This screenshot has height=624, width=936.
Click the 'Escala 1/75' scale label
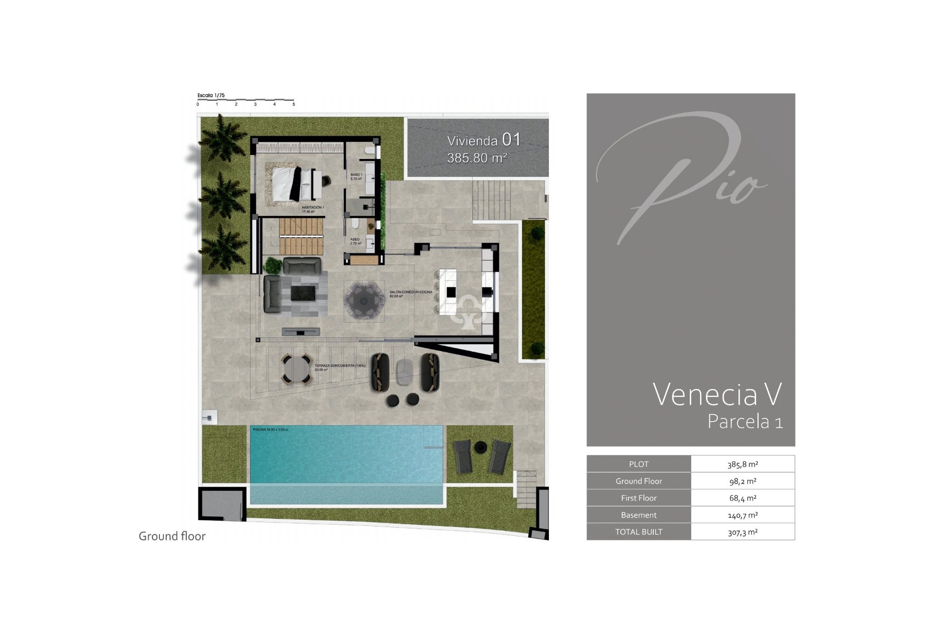point(211,96)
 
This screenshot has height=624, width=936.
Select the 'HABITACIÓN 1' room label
point(312,208)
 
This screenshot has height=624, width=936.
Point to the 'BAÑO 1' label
point(356,175)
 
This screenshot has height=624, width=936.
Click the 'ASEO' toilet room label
point(355,239)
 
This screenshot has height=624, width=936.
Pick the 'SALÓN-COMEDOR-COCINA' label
point(410,292)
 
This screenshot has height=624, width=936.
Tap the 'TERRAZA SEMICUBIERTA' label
point(339,366)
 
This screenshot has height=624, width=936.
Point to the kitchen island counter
point(448,292)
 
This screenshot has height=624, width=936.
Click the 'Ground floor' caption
point(172,536)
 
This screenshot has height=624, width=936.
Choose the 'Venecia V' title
point(717,394)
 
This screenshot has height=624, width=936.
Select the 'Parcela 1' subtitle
point(745,422)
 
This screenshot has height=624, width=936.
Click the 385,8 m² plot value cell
point(742,464)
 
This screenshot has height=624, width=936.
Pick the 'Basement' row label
point(639,515)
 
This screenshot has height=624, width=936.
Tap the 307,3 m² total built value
point(742,532)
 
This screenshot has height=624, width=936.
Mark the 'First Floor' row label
point(639,498)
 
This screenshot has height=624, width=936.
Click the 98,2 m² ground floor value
point(742,481)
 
